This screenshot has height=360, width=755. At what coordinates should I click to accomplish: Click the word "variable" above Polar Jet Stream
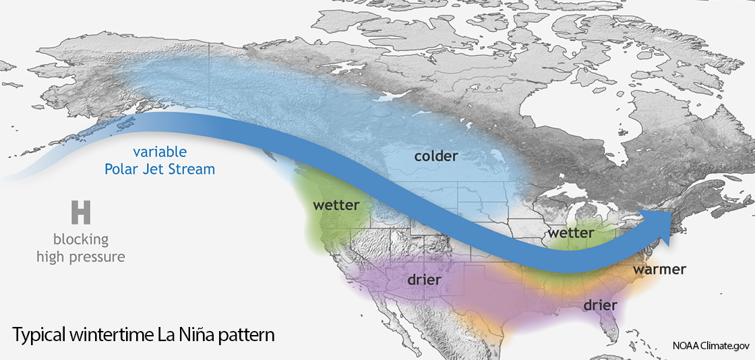[160, 152]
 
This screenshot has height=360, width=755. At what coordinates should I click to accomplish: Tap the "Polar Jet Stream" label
[160, 169]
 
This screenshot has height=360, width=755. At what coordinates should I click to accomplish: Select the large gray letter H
[81, 212]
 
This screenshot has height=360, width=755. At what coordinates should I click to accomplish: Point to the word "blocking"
[81, 240]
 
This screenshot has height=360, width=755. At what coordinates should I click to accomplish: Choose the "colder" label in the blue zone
[436, 156]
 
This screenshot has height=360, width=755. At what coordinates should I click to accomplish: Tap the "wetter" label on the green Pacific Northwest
[336, 205]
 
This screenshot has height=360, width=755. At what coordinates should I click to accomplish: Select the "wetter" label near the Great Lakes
[570, 233]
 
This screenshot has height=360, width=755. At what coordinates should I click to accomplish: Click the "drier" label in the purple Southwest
[423, 279]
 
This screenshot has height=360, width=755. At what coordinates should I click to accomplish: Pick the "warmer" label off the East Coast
[659, 270]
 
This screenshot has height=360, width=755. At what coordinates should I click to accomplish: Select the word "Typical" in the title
[40, 335]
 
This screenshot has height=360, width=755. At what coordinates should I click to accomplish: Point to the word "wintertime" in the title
[113, 335]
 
